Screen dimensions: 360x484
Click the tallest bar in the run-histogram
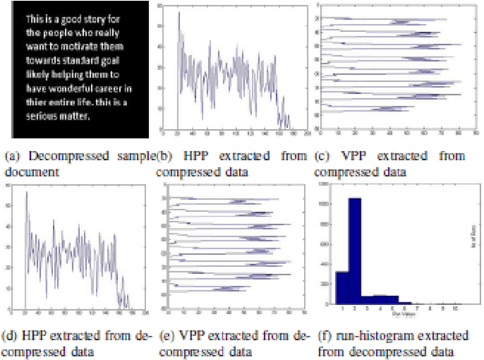pos(354,250)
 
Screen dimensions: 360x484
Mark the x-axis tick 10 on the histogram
pos(454,309)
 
